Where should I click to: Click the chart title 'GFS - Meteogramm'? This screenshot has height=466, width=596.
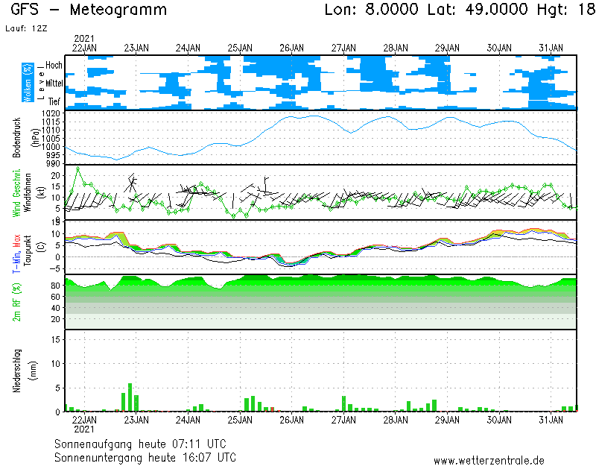pyautogui.click(x=89, y=10)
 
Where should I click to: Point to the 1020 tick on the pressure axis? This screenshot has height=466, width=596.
pyautogui.click(x=51, y=113)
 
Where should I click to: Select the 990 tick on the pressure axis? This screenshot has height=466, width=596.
pyautogui.click(x=52, y=163)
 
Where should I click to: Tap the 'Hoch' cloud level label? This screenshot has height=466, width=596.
pyautogui.click(x=54, y=66)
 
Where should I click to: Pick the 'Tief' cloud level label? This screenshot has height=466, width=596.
pyautogui.click(x=54, y=100)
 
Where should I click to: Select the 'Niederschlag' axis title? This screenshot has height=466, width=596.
pyautogui.click(x=16, y=370)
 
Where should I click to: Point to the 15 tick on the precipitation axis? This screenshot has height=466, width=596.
pyautogui.click(x=56, y=338)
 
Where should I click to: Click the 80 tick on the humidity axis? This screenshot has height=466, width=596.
pyautogui.click(x=55, y=286)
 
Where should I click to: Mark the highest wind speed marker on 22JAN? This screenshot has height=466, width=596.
pyautogui.click(x=78, y=168)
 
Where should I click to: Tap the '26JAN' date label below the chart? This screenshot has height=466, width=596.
pyautogui.click(x=291, y=421)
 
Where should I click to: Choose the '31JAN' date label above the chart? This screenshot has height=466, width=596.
pyautogui.click(x=551, y=48)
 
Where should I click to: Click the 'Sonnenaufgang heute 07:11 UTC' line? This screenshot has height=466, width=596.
pyautogui.click(x=145, y=443)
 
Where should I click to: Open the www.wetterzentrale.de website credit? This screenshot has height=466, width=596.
pyautogui.click(x=489, y=460)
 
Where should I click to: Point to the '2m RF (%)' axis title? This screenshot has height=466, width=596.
pyautogui.click(x=16, y=302)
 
